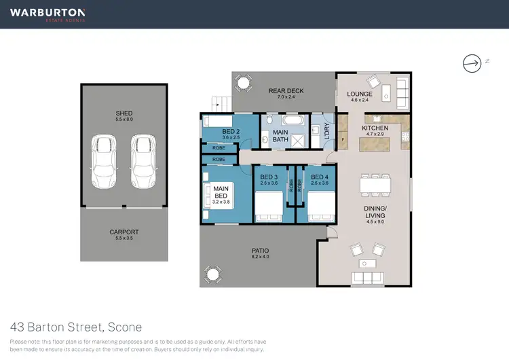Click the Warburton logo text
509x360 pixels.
click(x=47, y=12)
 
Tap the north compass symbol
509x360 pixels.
click(x=471, y=63)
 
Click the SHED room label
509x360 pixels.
click(x=124, y=113)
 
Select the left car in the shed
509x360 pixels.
click(x=105, y=162)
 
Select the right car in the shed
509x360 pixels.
click(x=143, y=162)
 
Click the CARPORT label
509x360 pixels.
click(x=124, y=232)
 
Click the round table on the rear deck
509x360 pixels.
click(x=243, y=84)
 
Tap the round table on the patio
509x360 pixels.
click(x=214, y=275)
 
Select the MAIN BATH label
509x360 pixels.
click(x=281, y=136)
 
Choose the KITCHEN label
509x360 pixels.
click(x=375, y=128)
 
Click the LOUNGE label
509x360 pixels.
click(x=360, y=94)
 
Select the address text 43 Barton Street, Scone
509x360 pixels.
click(x=76, y=327)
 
